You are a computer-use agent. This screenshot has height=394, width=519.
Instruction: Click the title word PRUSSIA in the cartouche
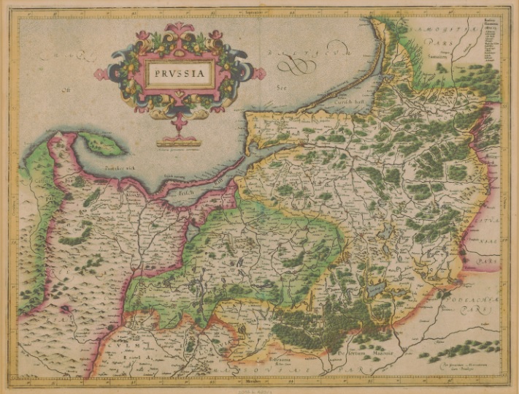point(180,75)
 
